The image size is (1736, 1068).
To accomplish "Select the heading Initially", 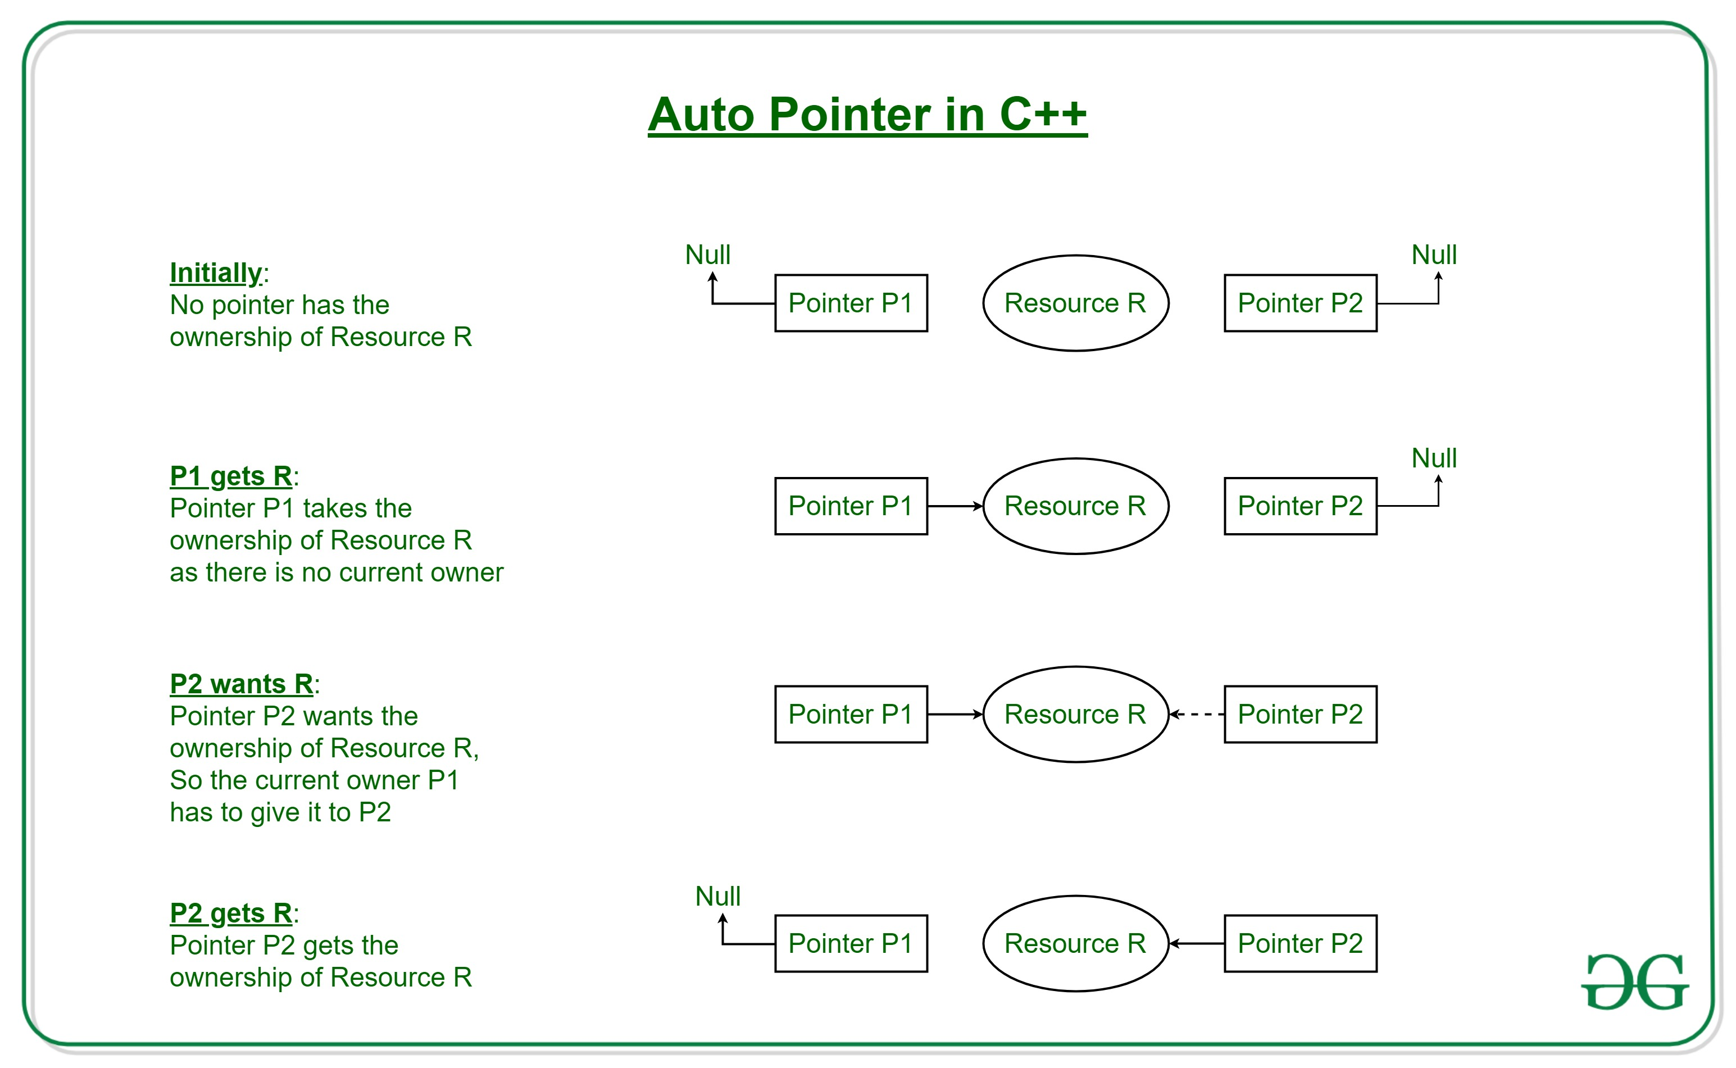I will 215,272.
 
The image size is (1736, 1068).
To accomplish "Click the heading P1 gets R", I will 231,476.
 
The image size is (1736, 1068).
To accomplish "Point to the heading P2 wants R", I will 242,684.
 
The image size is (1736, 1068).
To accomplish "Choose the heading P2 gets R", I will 231,914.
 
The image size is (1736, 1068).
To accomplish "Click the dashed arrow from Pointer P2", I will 1196,714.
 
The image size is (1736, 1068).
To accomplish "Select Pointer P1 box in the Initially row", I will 851,303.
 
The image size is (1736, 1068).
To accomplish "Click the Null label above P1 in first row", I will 708,255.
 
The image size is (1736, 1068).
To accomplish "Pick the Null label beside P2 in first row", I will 1433,255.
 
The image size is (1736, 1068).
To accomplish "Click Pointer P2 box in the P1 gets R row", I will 1299,506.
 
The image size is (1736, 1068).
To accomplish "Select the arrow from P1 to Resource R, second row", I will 955,506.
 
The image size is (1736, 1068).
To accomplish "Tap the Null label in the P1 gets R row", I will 1433,458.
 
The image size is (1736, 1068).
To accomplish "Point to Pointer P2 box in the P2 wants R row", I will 1299,714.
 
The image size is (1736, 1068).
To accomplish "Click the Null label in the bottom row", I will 717,896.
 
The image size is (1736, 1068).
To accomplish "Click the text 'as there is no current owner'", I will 336,572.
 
